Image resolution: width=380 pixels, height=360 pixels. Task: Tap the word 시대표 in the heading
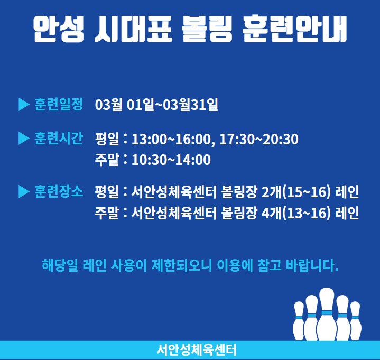coord(133,30)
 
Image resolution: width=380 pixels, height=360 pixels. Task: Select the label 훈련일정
coord(59,104)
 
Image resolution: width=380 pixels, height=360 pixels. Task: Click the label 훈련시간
coord(59,139)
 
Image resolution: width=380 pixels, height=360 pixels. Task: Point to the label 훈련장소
coord(59,191)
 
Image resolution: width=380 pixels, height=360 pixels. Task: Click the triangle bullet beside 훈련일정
coord(24,105)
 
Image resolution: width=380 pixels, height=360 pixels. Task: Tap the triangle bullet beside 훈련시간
coord(24,139)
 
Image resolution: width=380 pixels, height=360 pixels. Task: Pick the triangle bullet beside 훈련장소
coord(24,192)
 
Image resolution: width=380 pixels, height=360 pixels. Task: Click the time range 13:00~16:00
coord(171,140)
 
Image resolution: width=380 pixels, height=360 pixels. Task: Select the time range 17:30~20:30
coord(259,140)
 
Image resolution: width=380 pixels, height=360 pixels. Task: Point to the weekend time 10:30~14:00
coord(171,160)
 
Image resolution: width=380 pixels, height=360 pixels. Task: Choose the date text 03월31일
coord(190,105)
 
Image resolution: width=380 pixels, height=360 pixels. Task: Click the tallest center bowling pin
coord(327,315)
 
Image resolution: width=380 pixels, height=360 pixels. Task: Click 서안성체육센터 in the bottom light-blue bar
coord(196,350)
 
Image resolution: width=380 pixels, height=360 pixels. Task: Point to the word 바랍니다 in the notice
coord(312,265)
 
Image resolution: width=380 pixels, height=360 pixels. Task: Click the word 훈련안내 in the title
coord(295,30)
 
